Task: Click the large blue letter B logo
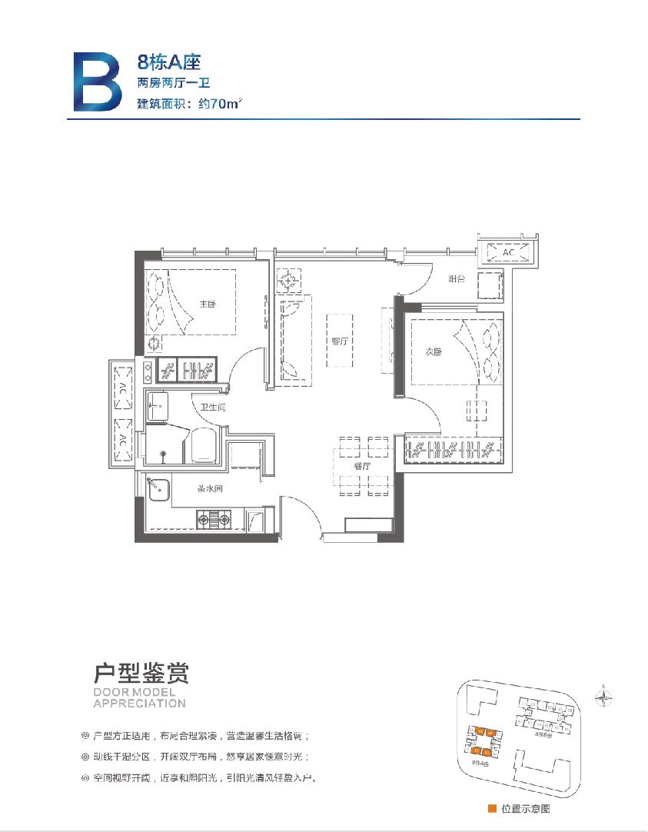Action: (97, 82)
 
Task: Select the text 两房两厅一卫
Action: (173, 83)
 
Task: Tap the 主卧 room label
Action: (208, 305)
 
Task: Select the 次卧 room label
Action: (433, 351)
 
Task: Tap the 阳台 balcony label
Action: (457, 279)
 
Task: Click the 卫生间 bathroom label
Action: (212, 408)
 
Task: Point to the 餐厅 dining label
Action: (362, 466)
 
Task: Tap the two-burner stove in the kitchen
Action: (214, 521)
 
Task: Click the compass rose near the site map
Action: (606, 697)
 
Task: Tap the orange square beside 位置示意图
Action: (492, 808)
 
